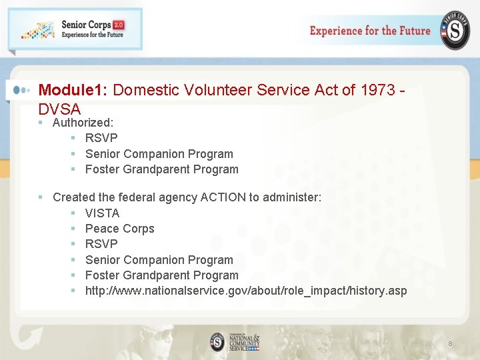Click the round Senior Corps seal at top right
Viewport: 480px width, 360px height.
455,31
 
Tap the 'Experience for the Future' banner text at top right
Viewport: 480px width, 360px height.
370,31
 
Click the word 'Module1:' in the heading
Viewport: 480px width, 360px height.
74,90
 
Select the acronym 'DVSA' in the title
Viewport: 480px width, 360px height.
59,109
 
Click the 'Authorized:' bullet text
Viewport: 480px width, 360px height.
83,123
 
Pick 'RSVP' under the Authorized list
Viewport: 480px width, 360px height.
101,138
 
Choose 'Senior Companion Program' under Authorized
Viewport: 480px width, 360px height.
159,154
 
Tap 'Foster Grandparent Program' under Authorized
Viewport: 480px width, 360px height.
161,169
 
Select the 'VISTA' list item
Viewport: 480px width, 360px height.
102,213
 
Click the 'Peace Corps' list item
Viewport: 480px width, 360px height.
119,229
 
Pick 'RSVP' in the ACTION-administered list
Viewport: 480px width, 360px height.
101,244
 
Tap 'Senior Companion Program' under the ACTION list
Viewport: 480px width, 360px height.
159,260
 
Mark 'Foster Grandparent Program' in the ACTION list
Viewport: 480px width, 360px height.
161,275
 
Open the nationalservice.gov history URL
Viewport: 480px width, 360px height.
245,291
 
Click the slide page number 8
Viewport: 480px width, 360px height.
450,343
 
